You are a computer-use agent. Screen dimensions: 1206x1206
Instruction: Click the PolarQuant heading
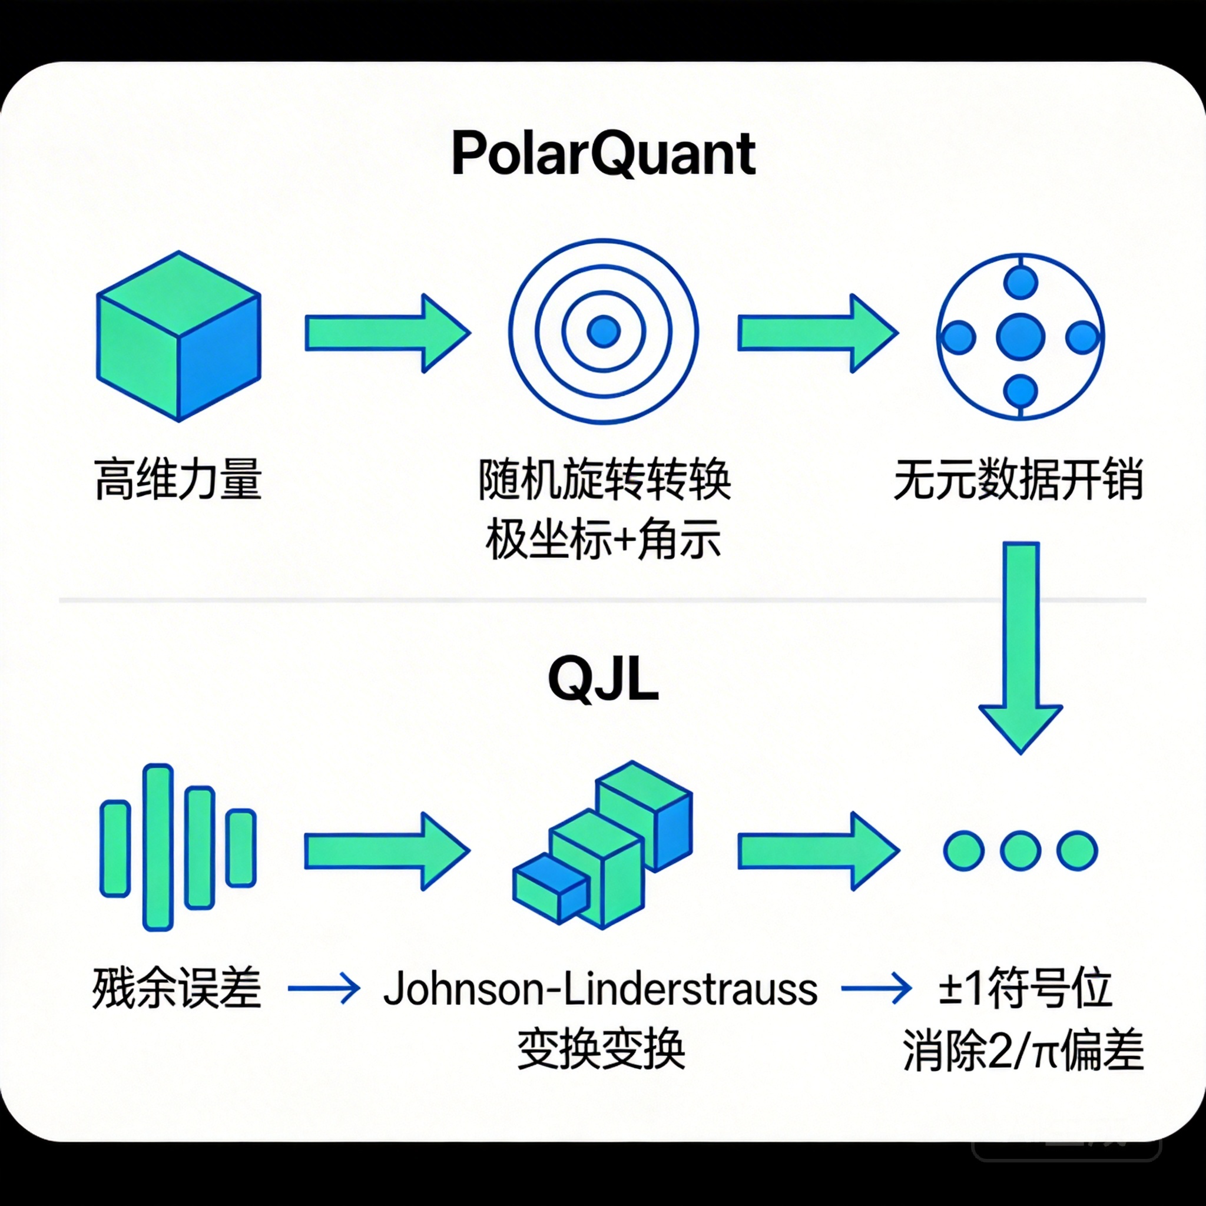click(x=603, y=154)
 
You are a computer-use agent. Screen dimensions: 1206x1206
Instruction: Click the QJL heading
click(x=603, y=680)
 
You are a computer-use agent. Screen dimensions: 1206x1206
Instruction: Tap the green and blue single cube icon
click(x=178, y=336)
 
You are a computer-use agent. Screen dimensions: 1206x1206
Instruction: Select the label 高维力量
click(x=178, y=479)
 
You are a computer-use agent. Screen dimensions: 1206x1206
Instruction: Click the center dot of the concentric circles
click(x=604, y=331)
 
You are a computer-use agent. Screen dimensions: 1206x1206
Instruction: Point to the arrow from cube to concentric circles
click(x=387, y=333)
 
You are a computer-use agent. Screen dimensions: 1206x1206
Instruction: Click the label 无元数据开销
click(x=1019, y=479)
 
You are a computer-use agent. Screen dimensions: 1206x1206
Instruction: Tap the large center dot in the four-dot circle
click(x=1021, y=336)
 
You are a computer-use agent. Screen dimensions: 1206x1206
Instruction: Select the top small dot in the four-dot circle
click(x=1021, y=281)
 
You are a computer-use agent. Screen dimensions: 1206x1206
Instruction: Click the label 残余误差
click(x=177, y=989)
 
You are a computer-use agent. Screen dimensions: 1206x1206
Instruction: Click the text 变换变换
click(x=601, y=1049)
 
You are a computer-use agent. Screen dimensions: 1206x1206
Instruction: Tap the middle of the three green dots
click(x=1021, y=850)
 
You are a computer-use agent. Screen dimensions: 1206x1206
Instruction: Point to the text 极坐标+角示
click(x=603, y=539)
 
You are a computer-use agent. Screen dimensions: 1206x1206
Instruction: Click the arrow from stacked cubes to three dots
click(x=818, y=851)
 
